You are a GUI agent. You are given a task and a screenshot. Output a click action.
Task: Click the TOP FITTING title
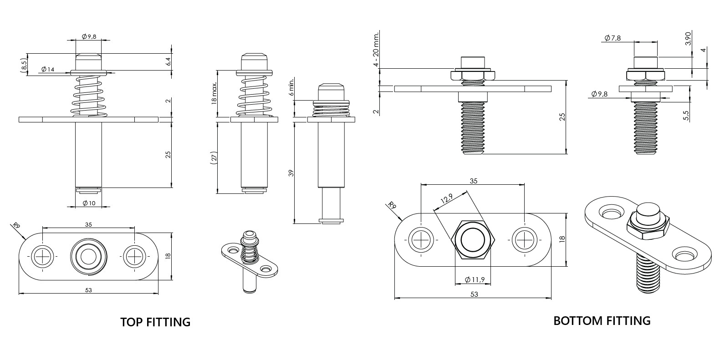tap(155, 322)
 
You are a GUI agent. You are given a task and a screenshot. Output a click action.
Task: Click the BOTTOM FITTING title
tap(602, 321)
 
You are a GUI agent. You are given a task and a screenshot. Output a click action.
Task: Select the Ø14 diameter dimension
tap(48, 70)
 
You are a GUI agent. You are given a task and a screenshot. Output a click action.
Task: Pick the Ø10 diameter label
tap(89, 203)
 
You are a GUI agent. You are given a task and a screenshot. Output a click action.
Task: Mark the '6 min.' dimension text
tap(291, 89)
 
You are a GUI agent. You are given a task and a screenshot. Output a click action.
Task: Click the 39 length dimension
tap(291, 173)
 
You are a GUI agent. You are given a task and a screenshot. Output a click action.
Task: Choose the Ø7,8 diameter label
tap(613, 38)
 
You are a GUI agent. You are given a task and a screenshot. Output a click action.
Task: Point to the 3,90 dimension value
tap(688, 38)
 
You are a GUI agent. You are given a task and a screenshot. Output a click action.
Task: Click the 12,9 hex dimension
tap(447, 199)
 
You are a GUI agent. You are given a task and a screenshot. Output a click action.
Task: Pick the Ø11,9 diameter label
tap(474, 279)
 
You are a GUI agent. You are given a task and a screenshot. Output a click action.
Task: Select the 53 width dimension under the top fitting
tap(88, 290)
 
